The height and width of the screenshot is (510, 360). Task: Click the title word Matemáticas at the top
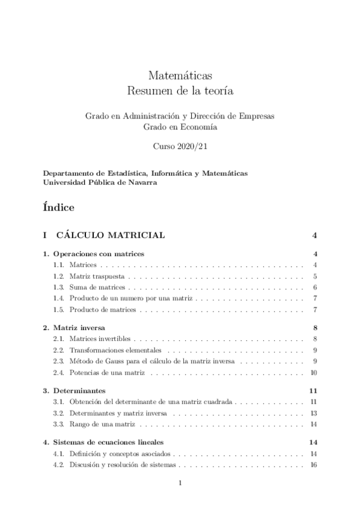tap(180, 76)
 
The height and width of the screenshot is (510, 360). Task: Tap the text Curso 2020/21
tap(180, 146)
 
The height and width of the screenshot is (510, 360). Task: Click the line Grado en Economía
tap(180, 127)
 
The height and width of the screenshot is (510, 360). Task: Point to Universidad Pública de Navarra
tap(100, 183)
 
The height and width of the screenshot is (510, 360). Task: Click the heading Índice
tap(59, 207)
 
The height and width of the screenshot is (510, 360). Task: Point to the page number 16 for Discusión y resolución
tap(313, 465)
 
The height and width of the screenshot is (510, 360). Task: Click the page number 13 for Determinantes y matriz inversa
tap(313, 413)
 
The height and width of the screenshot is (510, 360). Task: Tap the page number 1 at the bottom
tap(180, 484)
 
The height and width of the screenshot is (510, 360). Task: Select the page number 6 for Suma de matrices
tap(315, 287)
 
